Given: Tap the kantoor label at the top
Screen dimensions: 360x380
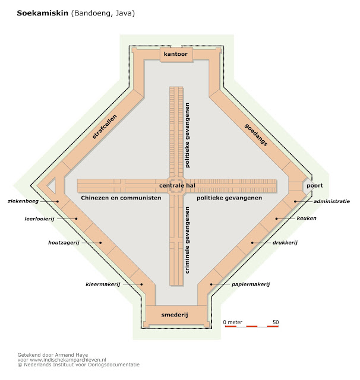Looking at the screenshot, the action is coord(175,55).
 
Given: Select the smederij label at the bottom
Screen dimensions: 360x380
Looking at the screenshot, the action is coord(174,315).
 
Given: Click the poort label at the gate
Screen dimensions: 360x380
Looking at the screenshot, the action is coord(315,186).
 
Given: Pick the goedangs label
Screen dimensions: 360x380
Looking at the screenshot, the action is coord(255,135).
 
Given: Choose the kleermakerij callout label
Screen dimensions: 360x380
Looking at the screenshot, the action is coord(103,284).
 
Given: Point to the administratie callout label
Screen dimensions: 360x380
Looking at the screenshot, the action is coord(331,201).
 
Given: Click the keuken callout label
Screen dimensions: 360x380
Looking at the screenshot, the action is coord(307,218).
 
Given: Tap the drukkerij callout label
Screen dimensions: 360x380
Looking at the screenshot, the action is coord(285,243).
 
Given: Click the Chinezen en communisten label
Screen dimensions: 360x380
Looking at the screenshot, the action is coord(121,198).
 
